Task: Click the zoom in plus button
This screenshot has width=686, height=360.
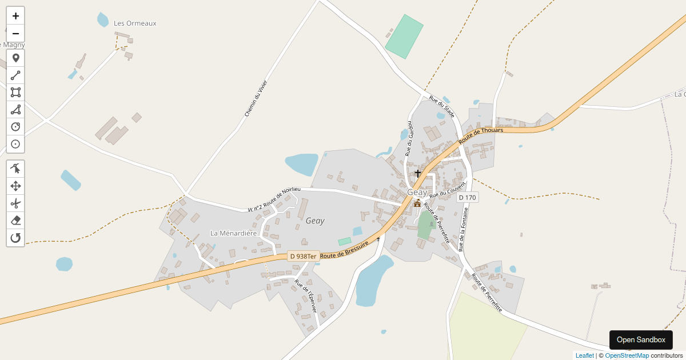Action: point(15,16)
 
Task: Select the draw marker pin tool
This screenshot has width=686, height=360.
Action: point(15,58)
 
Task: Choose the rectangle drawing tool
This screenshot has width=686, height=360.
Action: point(15,93)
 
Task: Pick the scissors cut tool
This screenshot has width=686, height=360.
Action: point(15,203)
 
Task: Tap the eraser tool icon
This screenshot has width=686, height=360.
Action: point(15,220)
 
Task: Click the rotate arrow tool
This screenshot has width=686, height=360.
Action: point(15,238)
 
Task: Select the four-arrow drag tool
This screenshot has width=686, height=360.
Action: point(15,186)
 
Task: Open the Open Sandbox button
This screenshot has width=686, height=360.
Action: point(641,340)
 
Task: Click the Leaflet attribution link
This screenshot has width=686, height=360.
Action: point(584,355)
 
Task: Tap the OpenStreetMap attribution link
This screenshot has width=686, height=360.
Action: point(627,355)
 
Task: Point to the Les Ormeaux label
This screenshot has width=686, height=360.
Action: point(135,23)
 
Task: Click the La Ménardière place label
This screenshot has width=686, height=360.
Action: point(233,233)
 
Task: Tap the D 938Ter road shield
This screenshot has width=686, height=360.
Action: point(303,257)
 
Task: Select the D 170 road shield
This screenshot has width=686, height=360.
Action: point(467,198)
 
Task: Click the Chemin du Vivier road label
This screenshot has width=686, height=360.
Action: point(256,98)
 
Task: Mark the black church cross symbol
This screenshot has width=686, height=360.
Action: point(418,173)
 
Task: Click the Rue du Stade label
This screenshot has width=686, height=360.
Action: point(441,107)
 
